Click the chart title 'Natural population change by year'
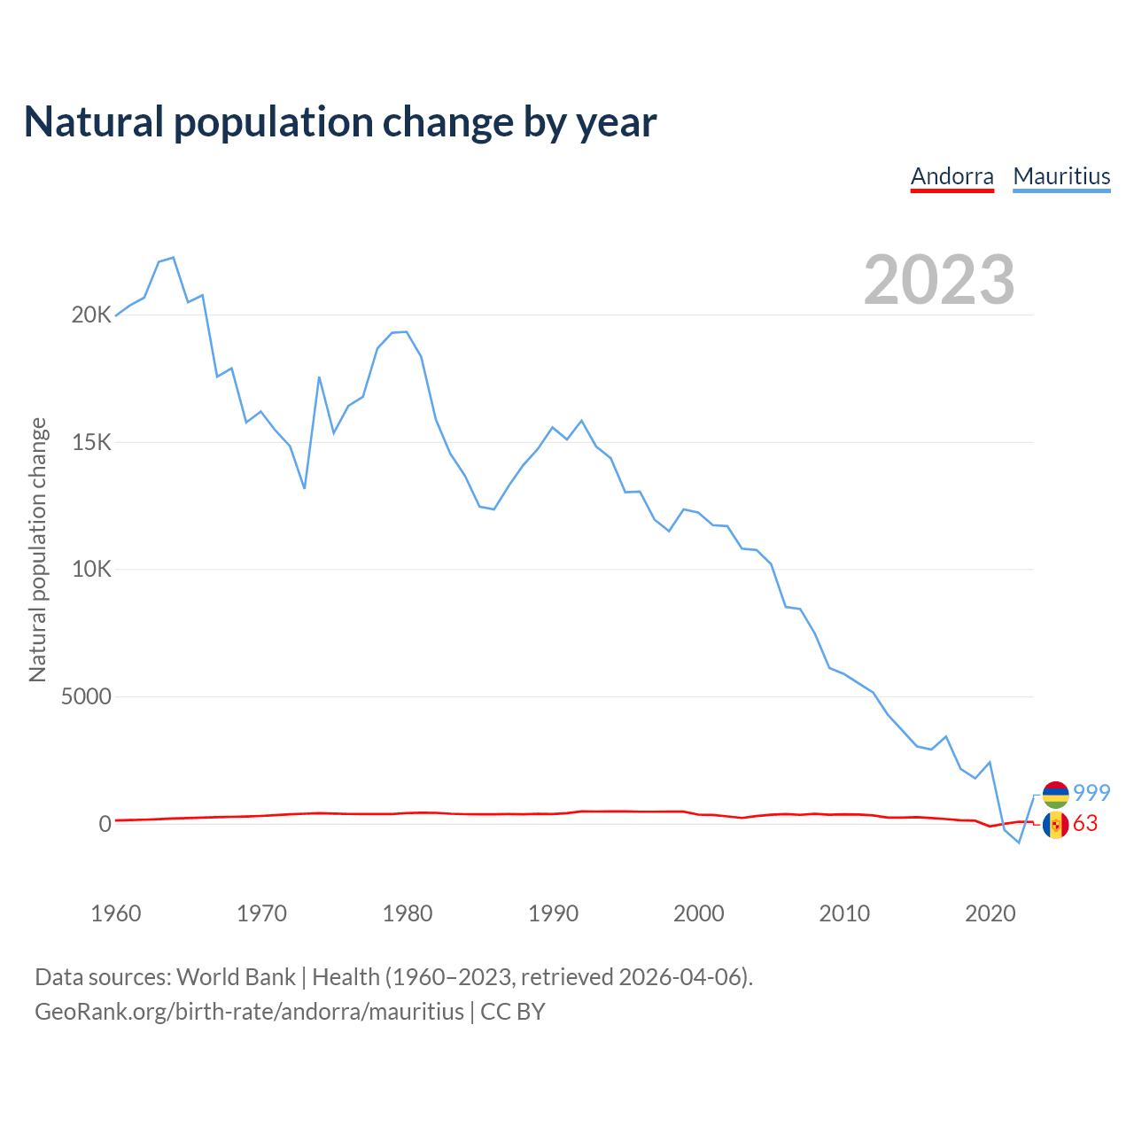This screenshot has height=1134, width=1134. [340, 122]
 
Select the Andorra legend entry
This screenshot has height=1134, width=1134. [952, 176]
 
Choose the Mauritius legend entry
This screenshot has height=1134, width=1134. [1061, 176]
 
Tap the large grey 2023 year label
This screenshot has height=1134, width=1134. [939, 280]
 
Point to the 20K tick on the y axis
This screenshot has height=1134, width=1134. [91, 315]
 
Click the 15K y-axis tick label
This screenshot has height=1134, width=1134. [91, 443]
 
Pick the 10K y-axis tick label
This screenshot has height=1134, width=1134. [91, 570]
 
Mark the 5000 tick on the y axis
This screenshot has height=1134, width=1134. [86, 697]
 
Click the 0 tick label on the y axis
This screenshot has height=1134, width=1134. [105, 824]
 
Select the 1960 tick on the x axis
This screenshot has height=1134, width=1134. [116, 913]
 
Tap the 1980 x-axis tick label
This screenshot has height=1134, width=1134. [408, 913]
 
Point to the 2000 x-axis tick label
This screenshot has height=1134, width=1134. [699, 913]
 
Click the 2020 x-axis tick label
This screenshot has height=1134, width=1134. [990, 913]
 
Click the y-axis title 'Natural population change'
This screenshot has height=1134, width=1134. [38, 550]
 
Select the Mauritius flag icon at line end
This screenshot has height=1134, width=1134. [1055, 794]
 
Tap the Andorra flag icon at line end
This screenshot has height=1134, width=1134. [1055, 825]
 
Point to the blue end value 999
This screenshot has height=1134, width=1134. [1091, 793]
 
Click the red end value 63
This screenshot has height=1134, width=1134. [1085, 824]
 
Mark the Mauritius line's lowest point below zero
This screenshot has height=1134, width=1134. [1019, 843]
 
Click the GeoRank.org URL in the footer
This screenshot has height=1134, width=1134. [249, 1012]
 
